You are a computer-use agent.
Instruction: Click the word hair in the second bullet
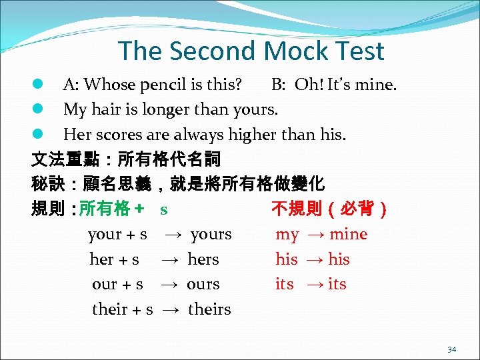pos(103,110)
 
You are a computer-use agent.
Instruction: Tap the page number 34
pos(451,349)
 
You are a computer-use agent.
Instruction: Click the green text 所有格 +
pos(111,209)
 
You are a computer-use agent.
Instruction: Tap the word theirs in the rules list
pos(209,309)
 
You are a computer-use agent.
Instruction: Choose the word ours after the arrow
pos(203,284)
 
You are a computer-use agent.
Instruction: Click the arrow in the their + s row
pos(170,309)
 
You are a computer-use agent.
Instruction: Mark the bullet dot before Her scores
pos(38,135)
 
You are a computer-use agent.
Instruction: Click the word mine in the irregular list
pos(348,235)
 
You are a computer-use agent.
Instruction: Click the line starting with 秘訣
pos(178,185)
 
